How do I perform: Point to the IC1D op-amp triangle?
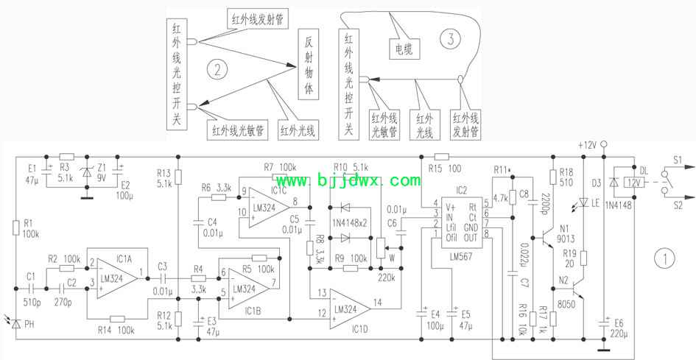(x=354, y=303)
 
